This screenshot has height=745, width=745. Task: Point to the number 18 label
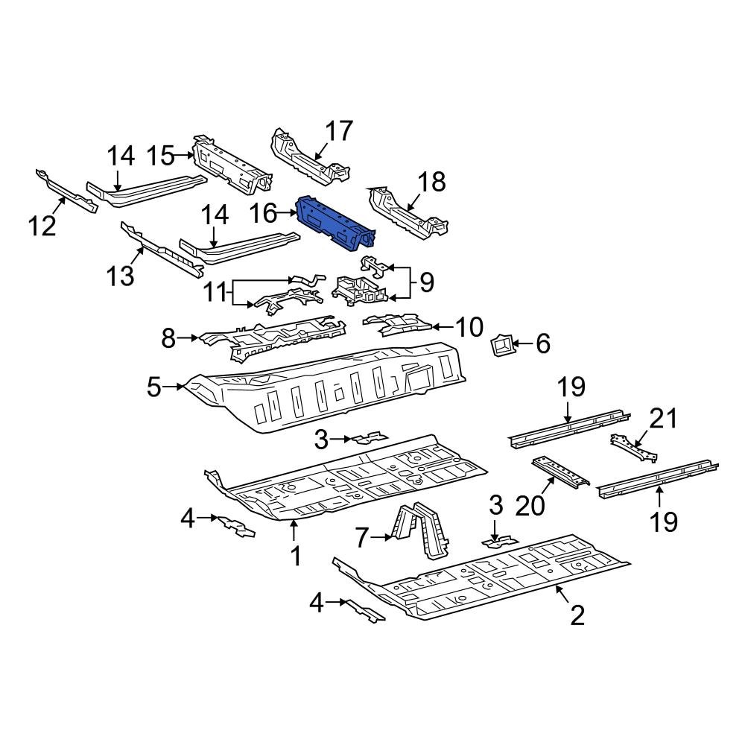[431, 181]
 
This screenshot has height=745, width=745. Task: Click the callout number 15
[159, 156]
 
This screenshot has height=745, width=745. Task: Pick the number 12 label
[43, 224]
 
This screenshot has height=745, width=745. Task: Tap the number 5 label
[153, 387]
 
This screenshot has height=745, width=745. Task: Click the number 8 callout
[169, 339]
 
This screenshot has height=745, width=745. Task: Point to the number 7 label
[362, 536]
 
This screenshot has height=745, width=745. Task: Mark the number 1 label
[295, 555]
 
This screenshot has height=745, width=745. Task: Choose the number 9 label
[426, 282]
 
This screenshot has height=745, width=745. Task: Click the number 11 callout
[216, 291]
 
